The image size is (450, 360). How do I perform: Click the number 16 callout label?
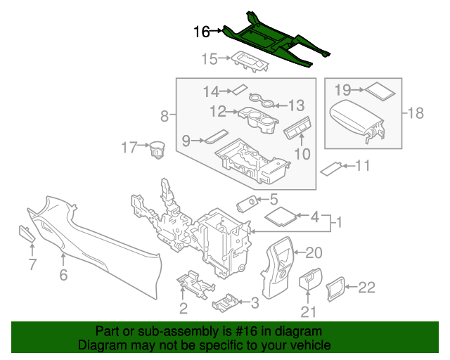coord(202,32)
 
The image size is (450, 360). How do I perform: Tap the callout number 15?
coord(210,59)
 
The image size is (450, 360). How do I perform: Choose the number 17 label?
coord(129,148)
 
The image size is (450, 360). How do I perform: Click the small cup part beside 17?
coord(156,150)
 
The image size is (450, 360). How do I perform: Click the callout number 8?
coord(165,115)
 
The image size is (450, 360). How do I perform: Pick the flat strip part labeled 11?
coord(331,168)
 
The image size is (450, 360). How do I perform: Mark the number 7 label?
coord(31,264)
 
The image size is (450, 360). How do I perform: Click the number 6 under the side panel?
coord(63,276)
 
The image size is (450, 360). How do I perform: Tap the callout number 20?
coord(314,252)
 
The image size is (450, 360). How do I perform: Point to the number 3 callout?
coord(254,303)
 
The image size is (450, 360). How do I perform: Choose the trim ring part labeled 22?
coord(335,288)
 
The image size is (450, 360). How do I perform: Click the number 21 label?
coord(307,312)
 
